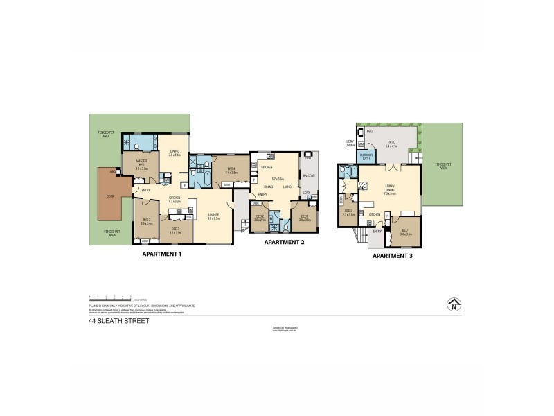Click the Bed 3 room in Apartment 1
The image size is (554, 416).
pyautogui.click(x=175, y=231)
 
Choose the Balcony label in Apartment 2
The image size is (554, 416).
pyautogui.click(x=309, y=176)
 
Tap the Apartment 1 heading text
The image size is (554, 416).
pyautogui.click(x=161, y=254)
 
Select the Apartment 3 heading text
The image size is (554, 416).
pyautogui.click(x=393, y=255)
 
